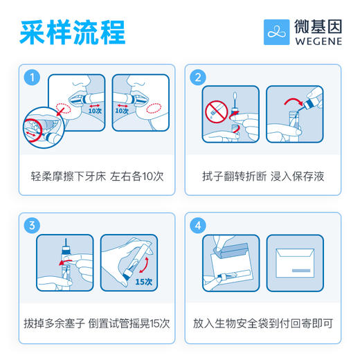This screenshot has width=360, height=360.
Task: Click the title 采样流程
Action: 72,31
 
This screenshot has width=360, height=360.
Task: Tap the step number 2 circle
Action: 199,77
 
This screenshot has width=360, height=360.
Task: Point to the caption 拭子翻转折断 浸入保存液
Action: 264,176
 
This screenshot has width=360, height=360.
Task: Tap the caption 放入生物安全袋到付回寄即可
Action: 264,323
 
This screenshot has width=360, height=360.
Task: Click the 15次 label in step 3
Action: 143,282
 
